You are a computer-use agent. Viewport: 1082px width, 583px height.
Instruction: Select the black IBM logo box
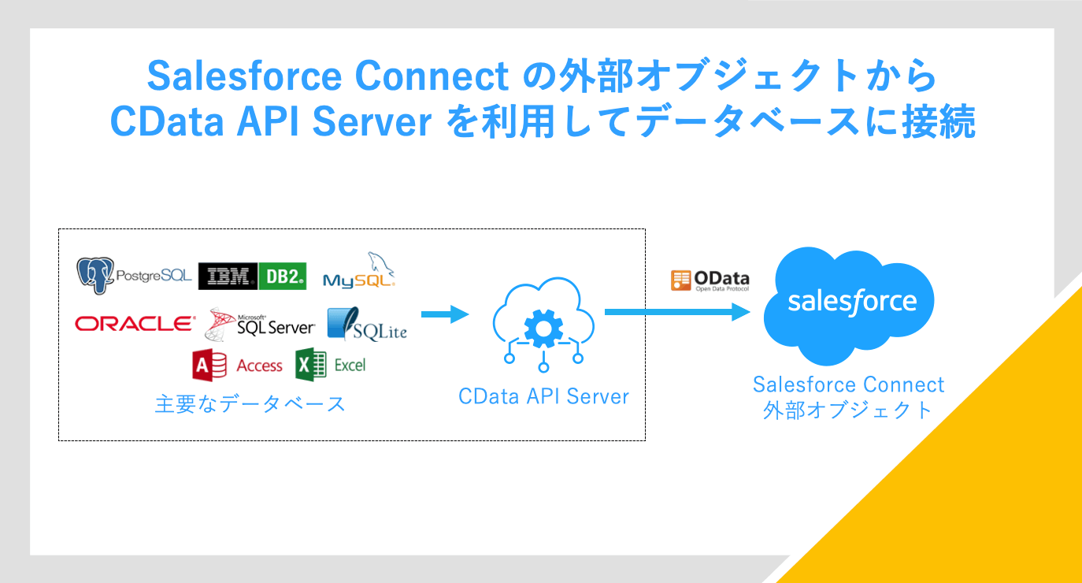tap(228, 276)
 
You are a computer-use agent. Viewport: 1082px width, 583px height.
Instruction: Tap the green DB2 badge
tap(282, 276)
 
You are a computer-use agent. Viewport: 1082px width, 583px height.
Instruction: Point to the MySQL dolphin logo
tap(359, 272)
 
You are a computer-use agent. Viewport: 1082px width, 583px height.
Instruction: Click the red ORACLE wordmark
tap(135, 323)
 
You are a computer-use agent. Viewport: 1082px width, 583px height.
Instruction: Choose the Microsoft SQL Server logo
tap(261, 323)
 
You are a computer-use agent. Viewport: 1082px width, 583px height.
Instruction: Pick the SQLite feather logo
tap(367, 325)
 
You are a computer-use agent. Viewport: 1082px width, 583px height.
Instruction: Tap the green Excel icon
tap(311, 365)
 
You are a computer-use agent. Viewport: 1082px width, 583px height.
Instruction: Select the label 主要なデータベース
tap(250, 404)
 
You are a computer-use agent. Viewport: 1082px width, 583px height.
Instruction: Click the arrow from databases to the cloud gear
tap(445, 315)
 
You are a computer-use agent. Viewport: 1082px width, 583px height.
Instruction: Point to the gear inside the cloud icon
tap(543, 329)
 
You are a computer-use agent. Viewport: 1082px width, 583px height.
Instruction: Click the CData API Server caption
tap(543, 396)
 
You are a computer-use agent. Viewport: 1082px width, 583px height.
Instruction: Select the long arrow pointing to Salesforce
tap(677, 312)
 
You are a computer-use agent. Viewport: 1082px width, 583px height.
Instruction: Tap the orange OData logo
tap(710, 280)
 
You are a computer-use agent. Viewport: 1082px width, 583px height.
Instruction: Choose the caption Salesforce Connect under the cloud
tap(848, 384)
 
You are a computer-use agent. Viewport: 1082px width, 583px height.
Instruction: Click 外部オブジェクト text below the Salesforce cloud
tap(848, 410)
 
